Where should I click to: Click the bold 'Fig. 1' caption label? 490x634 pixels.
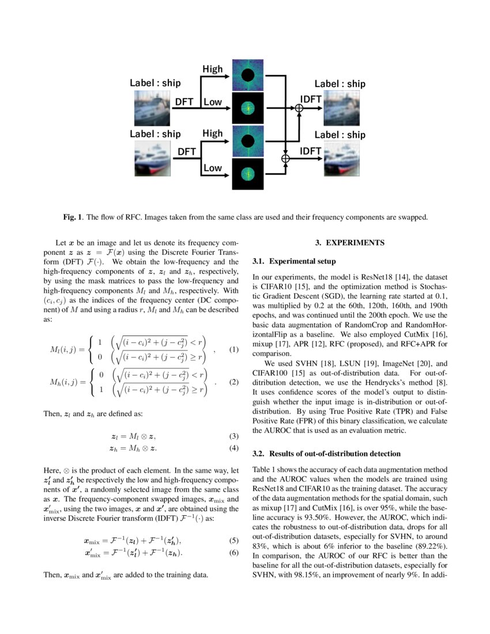point(73,217)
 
